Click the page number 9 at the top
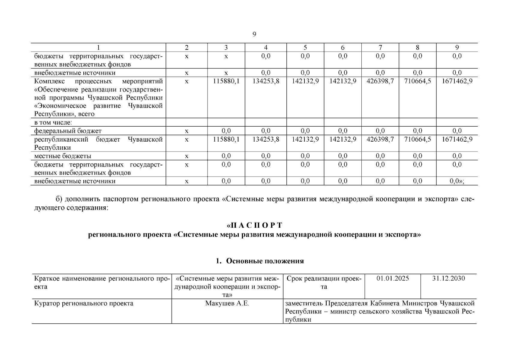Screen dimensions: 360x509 click(254, 34)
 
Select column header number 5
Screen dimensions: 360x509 click(305, 47)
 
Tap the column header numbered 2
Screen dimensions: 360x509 click(187, 47)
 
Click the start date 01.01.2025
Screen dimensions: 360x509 click(393, 278)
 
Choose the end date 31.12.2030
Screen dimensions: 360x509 click(448, 278)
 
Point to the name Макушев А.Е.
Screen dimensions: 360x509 click(227, 303)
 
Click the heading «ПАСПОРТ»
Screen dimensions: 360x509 click(254, 225)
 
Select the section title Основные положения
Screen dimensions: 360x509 click(265, 261)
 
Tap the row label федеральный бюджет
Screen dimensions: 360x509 click(68, 131)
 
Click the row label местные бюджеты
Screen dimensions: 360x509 click(63, 156)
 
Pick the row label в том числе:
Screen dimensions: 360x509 click(53, 122)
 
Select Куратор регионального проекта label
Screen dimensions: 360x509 click(84, 303)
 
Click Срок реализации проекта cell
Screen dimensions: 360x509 click(324, 283)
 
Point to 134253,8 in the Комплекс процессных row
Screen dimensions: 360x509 click(265, 81)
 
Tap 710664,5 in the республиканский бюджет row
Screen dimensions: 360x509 click(417, 139)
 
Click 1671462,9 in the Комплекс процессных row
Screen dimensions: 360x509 click(457, 81)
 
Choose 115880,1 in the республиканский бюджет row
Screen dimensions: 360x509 click(226, 139)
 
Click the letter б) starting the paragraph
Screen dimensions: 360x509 click(59, 199)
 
